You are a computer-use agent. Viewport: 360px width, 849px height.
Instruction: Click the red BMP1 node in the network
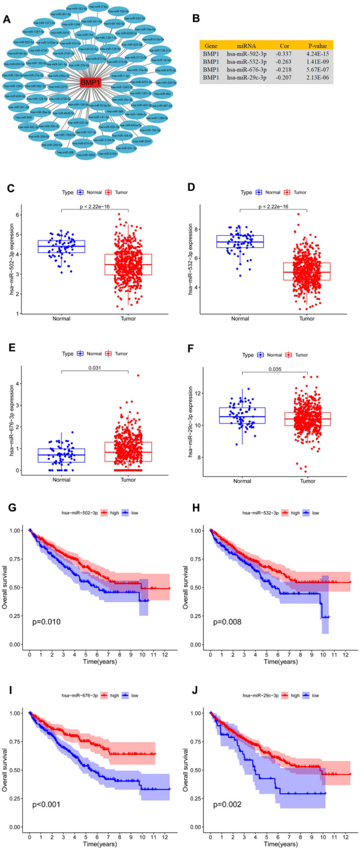click(86, 82)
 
